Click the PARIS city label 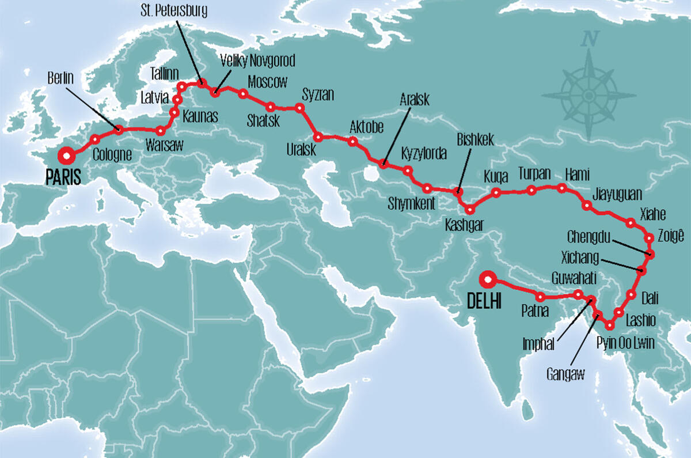pos(64,176)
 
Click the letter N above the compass pos(589,40)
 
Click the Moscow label pos(267,82)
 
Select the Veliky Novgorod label pos(257,61)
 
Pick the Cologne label pos(112,154)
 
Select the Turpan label pos(534,173)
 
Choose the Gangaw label pos(565,375)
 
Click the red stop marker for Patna pos(541,297)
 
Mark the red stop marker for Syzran pos(299,108)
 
